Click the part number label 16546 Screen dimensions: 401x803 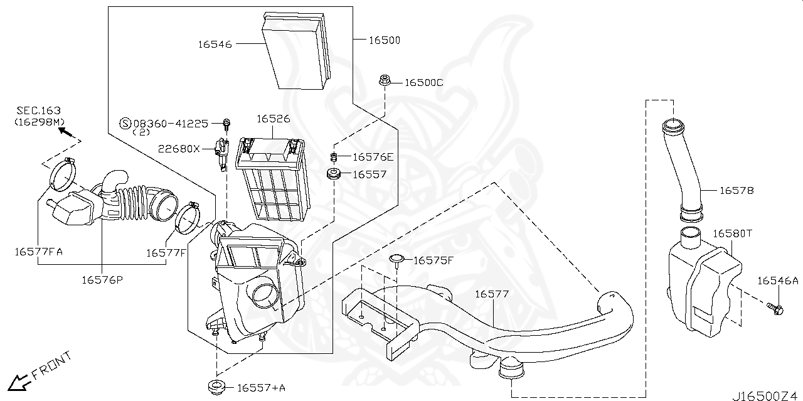(x=215, y=44)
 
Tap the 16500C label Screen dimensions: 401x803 (x=423, y=82)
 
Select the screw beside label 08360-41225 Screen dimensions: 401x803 (x=226, y=123)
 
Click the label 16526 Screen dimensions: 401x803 (x=273, y=119)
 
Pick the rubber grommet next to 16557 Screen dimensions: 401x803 (x=333, y=174)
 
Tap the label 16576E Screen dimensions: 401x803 (x=373, y=157)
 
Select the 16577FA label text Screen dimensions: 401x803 (x=39, y=252)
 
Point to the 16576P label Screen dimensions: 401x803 (x=102, y=279)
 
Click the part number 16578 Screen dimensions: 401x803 (x=736, y=190)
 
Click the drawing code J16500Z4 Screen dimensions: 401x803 (x=764, y=395)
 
